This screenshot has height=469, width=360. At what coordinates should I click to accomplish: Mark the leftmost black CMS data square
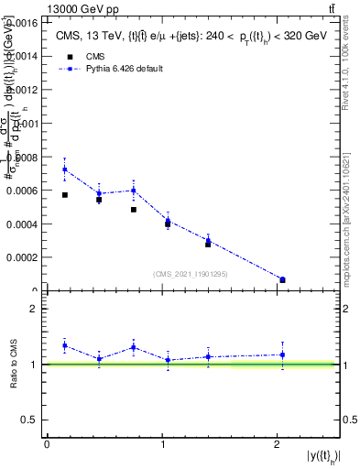tap(65, 195)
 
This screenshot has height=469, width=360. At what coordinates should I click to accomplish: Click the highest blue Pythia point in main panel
tap(65, 169)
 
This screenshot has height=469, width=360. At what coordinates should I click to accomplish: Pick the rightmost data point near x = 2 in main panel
tap(282, 279)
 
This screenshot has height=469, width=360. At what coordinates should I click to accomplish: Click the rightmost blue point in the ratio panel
tap(282, 354)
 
